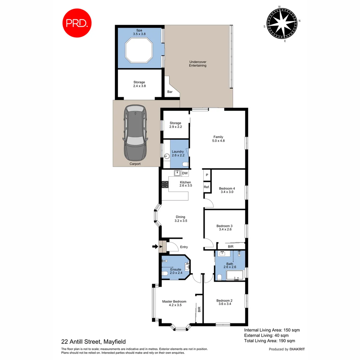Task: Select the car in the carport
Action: point(135,133)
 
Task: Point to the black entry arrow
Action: point(155,247)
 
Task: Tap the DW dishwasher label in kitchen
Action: point(185,173)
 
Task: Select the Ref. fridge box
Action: point(207,187)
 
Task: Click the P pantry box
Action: point(207,175)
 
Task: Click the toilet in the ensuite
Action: point(164,274)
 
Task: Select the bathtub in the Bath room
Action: point(235,276)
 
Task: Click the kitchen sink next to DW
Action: point(177,173)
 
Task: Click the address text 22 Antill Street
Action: point(93,341)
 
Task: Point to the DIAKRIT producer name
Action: point(297,349)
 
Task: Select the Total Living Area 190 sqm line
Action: point(269,341)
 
